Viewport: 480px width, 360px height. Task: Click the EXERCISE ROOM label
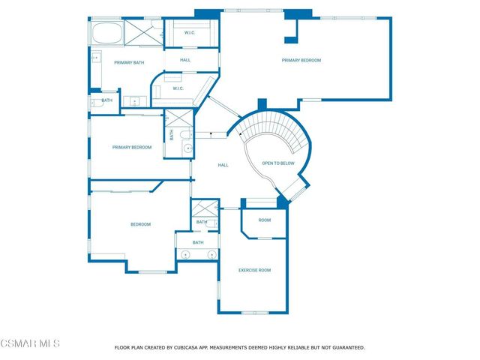point(254,270)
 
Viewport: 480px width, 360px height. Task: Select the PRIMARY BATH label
point(128,63)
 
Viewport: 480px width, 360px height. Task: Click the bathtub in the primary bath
point(105,33)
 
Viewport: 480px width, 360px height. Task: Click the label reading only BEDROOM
point(141,224)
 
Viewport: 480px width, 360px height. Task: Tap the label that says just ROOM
point(264,220)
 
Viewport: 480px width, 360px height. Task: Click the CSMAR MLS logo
point(30,343)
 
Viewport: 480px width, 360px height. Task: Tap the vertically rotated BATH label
point(171,135)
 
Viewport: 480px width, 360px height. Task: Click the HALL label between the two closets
point(187,60)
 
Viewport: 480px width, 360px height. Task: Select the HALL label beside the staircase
point(223,165)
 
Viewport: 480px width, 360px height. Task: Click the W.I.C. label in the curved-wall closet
point(178,88)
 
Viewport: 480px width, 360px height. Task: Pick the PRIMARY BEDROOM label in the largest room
point(301,60)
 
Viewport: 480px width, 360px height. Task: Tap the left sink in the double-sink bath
point(186,256)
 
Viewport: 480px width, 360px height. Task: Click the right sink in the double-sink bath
point(207,256)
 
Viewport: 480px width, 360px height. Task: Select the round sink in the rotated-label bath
point(187,148)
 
